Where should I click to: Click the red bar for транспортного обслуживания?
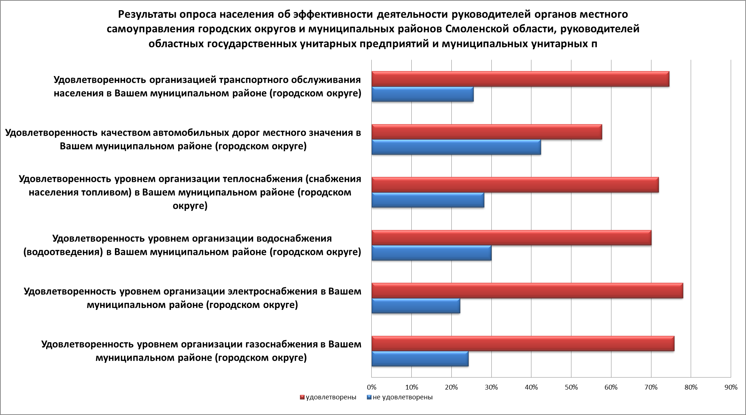520,79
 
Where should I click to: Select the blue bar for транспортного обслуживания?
422,94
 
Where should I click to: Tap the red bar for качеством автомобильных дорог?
487,132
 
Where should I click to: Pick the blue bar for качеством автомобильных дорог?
456,147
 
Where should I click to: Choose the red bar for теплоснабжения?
515,185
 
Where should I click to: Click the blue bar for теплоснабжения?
428,200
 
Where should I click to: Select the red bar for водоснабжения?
511,238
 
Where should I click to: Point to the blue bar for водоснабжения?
431,253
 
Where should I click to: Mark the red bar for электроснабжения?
527,291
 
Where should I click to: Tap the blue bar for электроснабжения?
416,306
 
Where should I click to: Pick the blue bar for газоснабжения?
420,359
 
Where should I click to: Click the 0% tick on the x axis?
371,387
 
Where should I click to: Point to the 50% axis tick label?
571,387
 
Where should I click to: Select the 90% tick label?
730,387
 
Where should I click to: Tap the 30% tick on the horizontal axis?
491,387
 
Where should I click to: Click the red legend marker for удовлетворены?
302,397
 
